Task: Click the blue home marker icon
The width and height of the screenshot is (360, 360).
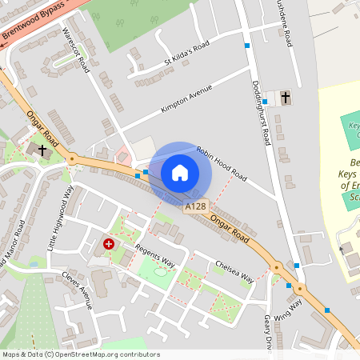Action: click(180, 173)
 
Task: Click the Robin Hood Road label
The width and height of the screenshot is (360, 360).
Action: click(222, 162)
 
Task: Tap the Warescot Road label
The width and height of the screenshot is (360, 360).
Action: click(77, 49)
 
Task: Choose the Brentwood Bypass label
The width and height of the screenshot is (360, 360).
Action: click(32, 24)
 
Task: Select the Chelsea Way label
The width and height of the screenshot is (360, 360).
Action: click(234, 270)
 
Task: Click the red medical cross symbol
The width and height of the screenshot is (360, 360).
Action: click(109, 242)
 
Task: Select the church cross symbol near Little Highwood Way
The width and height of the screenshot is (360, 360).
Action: click(42, 150)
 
